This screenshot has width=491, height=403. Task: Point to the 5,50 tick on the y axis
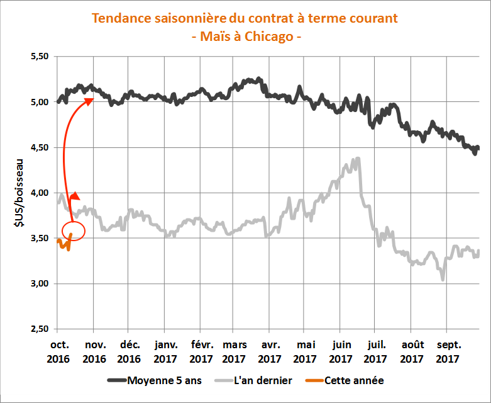(39, 57)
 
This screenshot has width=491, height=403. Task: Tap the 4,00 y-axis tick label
(39, 193)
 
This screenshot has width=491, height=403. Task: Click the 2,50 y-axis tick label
(39, 329)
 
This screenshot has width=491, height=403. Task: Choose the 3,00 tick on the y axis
(39, 283)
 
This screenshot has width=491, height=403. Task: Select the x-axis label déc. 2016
(129, 352)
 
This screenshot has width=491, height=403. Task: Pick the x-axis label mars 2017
(234, 352)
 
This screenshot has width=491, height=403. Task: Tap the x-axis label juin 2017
(340, 352)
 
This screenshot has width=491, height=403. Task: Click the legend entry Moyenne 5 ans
(158, 380)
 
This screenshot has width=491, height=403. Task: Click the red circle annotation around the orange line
(73, 230)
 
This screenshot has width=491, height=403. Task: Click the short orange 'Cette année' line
(63, 243)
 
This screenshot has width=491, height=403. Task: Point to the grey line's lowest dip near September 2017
(443, 278)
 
